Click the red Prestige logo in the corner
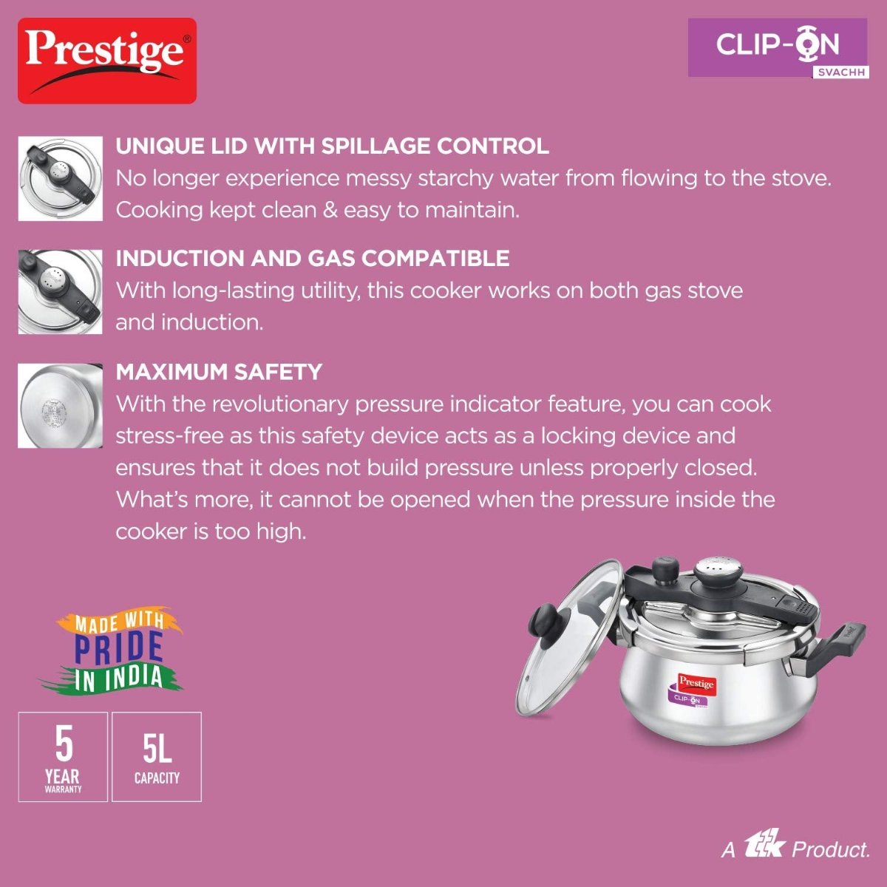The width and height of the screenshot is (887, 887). tap(106, 61)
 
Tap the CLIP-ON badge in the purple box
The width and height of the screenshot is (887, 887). tap(778, 47)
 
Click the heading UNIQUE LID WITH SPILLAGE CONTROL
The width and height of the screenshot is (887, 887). tap(332, 146)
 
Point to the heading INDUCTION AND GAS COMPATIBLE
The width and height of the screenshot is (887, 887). tap(313, 258)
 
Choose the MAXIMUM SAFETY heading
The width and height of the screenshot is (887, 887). tap(219, 372)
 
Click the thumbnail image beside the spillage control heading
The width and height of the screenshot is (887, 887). tap(61, 178)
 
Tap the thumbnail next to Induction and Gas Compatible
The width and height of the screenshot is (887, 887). tap(61, 292)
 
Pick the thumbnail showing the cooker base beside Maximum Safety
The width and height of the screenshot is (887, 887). tap(61, 406)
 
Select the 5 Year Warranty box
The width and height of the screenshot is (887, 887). tap(63, 757)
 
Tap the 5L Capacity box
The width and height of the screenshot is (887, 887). tap(157, 757)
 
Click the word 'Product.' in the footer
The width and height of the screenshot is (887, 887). tap(831, 849)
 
